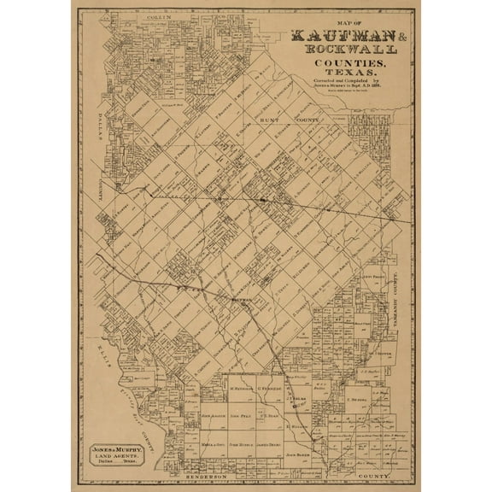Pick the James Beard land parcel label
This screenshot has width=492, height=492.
[x=269, y=445]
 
